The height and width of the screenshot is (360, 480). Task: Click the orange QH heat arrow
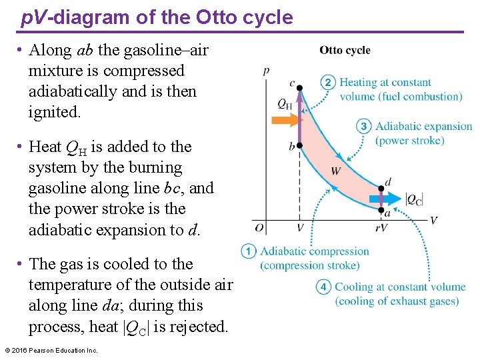tap(285, 121)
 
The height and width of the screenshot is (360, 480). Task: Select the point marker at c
tap(299, 88)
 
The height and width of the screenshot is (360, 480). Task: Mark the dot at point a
tap(381, 210)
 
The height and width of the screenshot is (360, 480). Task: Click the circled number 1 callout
tap(249, 251)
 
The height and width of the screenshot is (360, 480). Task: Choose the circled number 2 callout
tap(328, 83)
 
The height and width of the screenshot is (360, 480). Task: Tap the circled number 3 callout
tap(363, 127)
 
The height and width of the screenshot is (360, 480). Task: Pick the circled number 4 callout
tap(323, 287)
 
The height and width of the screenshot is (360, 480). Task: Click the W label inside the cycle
tap(336, 171)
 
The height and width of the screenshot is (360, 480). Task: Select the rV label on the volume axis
tap(381, 228)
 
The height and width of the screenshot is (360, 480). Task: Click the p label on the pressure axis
tap(267, 69)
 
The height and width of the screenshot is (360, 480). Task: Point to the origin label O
tap(259, 228)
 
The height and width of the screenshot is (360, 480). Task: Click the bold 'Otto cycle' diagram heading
tap(345, 50)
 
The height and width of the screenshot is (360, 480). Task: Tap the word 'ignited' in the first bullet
tap(53, 112)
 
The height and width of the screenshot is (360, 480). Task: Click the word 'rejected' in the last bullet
tap(197, 327)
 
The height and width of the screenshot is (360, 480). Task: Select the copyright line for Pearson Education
tap(51, 351)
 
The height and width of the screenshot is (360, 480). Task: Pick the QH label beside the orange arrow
tap(285, 103)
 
